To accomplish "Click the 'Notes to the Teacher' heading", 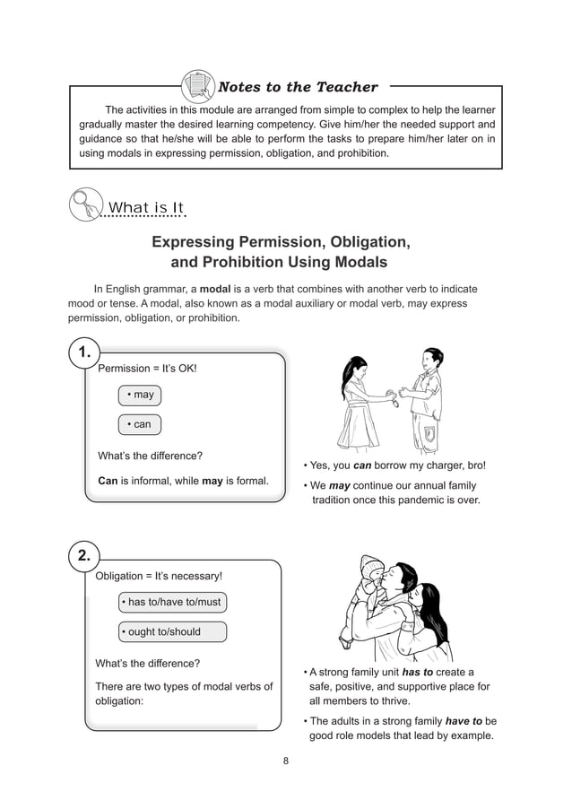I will coord(298,87).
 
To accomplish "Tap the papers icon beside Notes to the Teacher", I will coord(197,87).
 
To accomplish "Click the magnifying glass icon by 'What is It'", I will coord(84,204).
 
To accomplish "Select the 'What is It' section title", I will coord(146,209).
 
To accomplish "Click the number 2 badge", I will coord(83,556).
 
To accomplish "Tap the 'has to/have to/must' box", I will coord(171,602).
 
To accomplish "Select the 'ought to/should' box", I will coord(171,631).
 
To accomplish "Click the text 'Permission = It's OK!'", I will coord(146,369).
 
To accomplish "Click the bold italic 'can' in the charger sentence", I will coord(362,465).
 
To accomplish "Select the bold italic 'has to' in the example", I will coord(418,672).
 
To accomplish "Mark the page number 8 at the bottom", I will coord(285,761).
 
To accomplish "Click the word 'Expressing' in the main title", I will coord(194,242).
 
